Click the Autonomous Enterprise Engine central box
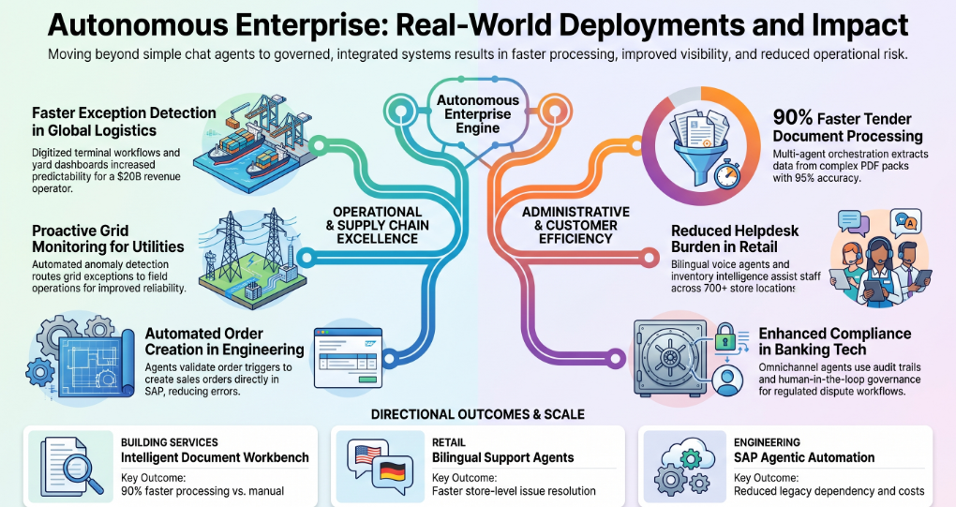point(478,114)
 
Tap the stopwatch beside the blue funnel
point(726,174)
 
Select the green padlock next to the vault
point(724,337)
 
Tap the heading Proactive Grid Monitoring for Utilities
point(108,239)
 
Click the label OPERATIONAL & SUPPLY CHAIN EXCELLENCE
point(378,226)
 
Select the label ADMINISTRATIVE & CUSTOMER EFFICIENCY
point(575,226)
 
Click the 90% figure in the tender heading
point(793,117)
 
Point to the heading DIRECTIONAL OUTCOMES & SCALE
point(478,414)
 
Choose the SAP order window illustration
point(348,358)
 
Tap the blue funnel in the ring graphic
point(698,153)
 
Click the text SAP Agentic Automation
point(804,457)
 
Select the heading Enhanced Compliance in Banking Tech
point(835,341)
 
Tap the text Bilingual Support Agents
point(503,457)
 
